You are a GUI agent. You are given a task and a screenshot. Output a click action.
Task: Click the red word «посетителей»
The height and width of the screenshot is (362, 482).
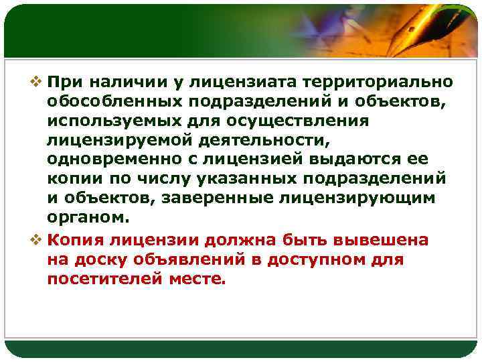pos(103,280)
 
